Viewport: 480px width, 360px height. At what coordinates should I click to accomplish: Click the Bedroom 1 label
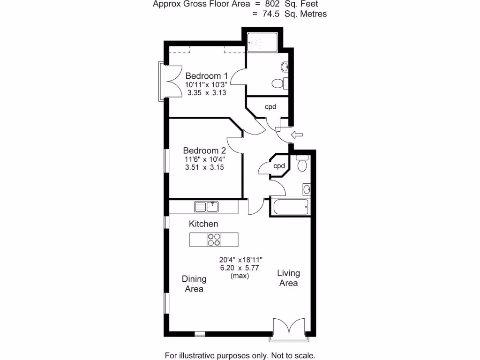click(x=206, y=76)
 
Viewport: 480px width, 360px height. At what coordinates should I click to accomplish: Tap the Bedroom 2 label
click(x=204, y=150)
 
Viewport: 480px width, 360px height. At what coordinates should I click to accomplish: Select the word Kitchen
click(x=203, y=224)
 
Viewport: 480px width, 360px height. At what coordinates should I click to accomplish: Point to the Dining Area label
click(x=194, y=284)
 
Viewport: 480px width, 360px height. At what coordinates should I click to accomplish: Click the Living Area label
click(x=289, y=278)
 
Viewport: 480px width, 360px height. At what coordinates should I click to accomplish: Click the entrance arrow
click(x=297, y=135)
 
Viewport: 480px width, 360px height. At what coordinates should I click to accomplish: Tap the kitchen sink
click(x=207, y=206)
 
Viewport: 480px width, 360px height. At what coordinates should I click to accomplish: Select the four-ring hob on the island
click(x=214, y=240)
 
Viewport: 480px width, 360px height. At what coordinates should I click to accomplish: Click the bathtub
click(x=291, y=207)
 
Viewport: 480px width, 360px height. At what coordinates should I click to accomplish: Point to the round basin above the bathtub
click(x=307, y=189)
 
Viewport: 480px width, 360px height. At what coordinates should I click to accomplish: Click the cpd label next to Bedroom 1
click(x=270, y=107)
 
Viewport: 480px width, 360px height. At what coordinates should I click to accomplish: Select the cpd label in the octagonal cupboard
click(x=279, y=166)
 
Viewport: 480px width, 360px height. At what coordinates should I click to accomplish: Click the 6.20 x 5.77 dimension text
click(x=240, y=268)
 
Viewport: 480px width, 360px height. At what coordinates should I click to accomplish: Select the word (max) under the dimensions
click(x=240, y=276)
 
